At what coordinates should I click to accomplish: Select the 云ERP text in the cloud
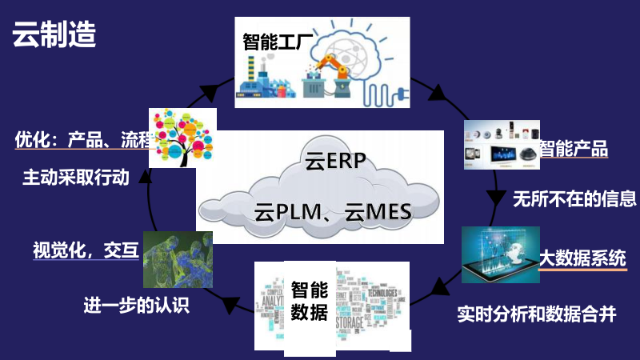coord(335,162)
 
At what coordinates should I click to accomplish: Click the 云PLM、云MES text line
coord(332,213)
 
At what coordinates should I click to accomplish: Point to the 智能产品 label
coord(573,148)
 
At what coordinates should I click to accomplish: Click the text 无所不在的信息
coord(574,198)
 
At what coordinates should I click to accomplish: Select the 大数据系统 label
coord(582,258)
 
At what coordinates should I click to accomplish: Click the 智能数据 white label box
coord(309,300)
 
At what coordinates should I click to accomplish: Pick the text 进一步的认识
coord(136,305)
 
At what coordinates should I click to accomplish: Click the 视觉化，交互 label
coord(86,251)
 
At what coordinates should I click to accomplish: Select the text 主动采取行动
coord(75,178)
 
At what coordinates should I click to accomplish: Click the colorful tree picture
coord(184,137)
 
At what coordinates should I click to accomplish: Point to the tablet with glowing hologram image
coord(501,254)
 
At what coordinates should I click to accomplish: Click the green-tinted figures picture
coord(177,259)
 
